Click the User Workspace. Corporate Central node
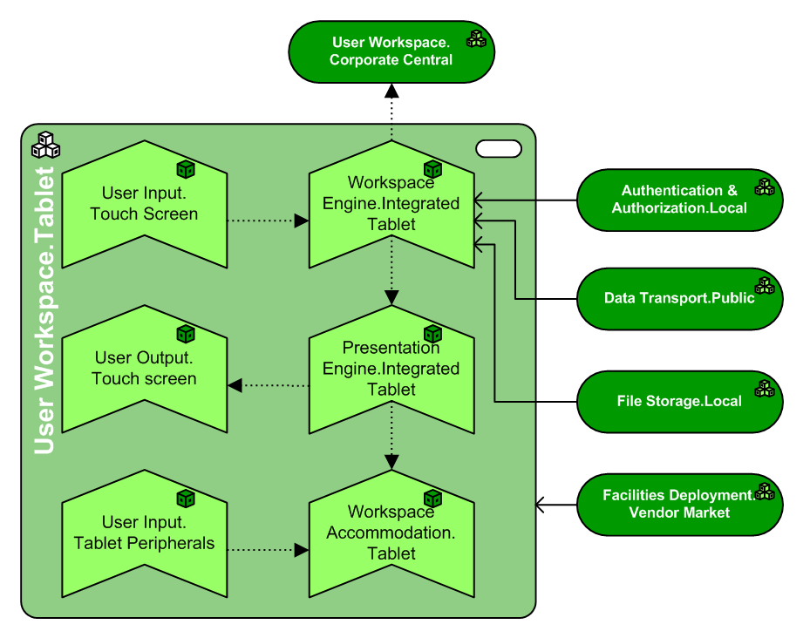tap(391, 52)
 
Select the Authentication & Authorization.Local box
tap(679, 200)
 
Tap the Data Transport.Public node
tap(679, 298)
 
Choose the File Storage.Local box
tap(679, 402)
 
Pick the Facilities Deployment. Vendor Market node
tap(679, 505)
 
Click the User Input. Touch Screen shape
tap(144, 203)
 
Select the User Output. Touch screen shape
tap(144, 369)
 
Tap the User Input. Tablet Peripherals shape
tap(144, 533)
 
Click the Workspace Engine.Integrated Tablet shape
tap(391, 203)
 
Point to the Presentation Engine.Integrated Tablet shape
tap(391, 369)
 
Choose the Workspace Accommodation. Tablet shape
tap(391, 533)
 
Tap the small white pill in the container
tap(499, 149)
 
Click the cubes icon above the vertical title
tap(45, 144)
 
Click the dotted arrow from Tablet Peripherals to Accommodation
tap(267, 550)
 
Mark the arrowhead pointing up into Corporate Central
tap(391, 91)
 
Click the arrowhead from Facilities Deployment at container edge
tap(541, 505)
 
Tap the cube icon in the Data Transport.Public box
tap(765, 286)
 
